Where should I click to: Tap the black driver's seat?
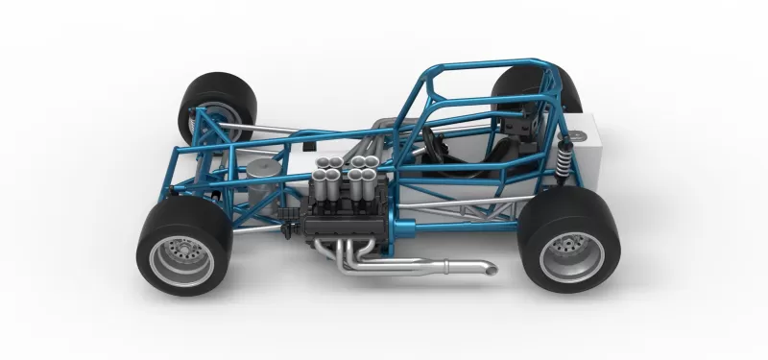click(x=500, y=154)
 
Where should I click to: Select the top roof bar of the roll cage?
click(x=480, y=66)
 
